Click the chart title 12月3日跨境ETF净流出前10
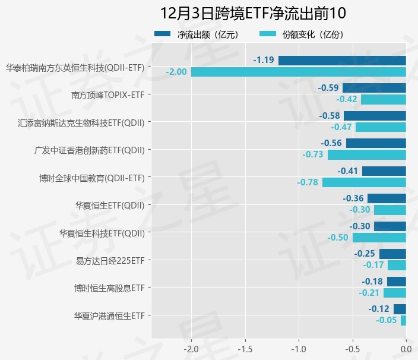253,14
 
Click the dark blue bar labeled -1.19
342,60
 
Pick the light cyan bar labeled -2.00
298,72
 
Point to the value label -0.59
328,88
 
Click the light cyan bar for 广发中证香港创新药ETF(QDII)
366,154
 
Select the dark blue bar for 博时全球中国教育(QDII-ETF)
384,171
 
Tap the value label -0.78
308,182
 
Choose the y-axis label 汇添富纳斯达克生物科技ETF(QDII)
81,123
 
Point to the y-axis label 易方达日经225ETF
110,261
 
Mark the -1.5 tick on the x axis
245,348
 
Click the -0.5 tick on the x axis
352,348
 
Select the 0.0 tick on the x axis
406,348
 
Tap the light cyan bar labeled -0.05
403,320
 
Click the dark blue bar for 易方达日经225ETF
392,254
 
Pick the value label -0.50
338,238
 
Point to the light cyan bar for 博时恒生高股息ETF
394,293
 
